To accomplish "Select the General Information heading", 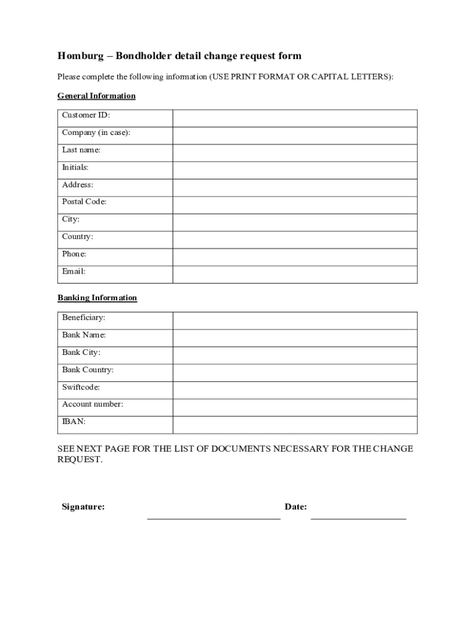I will [96, 96].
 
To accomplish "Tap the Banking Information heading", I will [97, 298].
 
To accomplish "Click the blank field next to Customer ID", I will [295, 118].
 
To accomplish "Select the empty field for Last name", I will [295, 153].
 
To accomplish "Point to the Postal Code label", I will [84, 202].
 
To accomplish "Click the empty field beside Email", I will [295, 274].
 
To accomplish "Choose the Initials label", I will [75, 168].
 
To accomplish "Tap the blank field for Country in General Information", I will [295, 240].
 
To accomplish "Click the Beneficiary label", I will [83, 318].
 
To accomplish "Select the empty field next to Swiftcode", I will [295, 390].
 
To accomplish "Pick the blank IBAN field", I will [295, 425].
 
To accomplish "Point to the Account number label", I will [93, 404].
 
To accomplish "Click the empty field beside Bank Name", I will [295, 338].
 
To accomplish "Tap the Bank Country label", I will [88, 370].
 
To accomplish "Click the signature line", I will [213, 518].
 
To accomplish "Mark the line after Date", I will [358, 518].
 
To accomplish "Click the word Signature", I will [83, 507].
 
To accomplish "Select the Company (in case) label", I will [96, 132].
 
